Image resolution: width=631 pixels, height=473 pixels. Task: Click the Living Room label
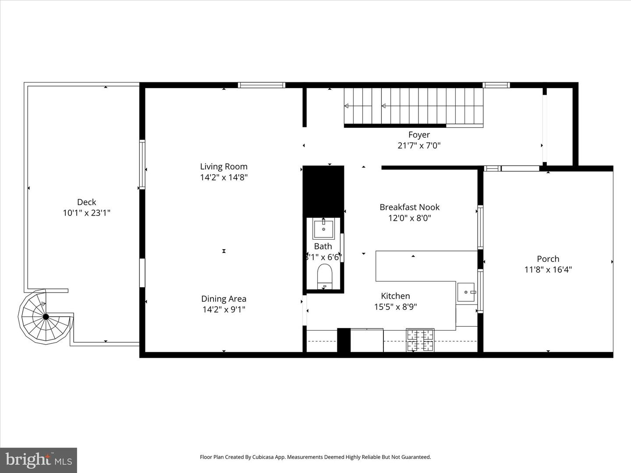223,166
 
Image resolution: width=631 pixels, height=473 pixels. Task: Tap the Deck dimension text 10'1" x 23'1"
86,213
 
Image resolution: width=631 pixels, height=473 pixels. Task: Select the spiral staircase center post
46,316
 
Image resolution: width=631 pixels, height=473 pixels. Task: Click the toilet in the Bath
325,276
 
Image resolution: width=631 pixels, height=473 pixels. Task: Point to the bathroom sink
323,229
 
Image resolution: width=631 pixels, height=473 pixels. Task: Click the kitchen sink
466,292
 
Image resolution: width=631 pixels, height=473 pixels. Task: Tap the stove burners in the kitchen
420,340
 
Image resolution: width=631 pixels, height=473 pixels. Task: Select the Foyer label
419,135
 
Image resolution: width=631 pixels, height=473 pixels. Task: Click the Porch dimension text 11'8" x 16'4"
548,270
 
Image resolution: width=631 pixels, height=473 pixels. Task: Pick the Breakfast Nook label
409,207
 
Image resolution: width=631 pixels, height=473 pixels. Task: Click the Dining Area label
223,299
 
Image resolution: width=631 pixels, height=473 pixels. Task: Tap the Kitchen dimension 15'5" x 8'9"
395,307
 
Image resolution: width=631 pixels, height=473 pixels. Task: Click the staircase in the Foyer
413,106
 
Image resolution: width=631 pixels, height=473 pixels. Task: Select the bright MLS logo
39,460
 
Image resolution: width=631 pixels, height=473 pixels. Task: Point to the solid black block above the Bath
323,191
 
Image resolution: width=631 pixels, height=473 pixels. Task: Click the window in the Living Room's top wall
262,85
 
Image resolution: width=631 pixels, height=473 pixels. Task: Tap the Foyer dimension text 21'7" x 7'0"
419,146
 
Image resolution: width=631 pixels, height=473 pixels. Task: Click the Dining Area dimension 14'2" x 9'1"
223,310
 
